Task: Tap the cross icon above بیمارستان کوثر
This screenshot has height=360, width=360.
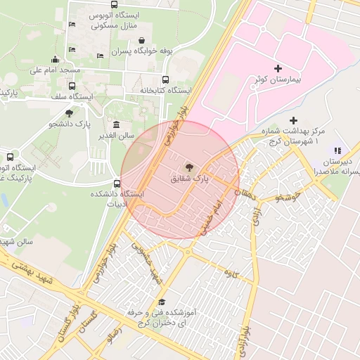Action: pyautogui.click(x=278, y=68)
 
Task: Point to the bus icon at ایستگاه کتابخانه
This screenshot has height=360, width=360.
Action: pyautogui.click(x=166, y=79)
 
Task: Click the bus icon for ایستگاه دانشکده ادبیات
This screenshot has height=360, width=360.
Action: pyautogui.click(x=117, y=184)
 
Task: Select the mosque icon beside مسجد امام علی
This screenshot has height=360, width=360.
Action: pyautogui.click(x=56, y=59)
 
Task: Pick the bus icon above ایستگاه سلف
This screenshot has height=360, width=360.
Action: pyautogui.click(x=72, y=86)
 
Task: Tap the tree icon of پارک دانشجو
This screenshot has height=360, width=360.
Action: pyautogui.click(x=69, y=112)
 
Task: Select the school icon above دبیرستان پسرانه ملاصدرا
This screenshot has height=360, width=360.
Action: pyautogui.click(x=337, y=150)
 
